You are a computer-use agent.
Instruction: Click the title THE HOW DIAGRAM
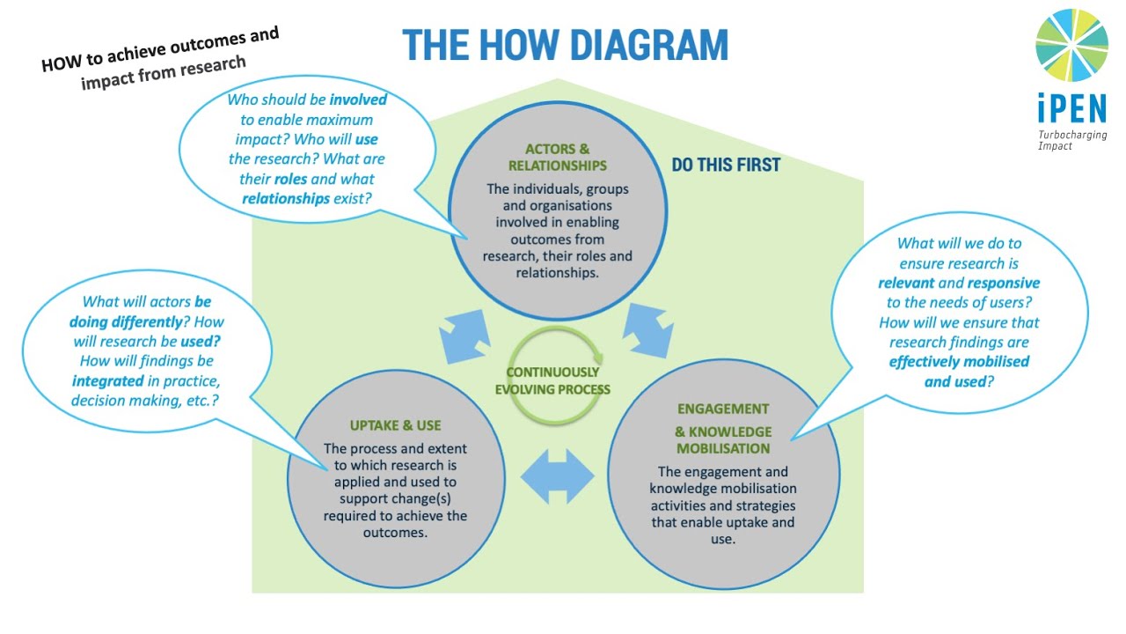[566, 45]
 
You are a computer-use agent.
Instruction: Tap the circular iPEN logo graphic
[1071, 45]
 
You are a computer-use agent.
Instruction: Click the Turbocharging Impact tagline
[1071, 140]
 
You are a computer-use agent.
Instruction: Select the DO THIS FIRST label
[726, 165]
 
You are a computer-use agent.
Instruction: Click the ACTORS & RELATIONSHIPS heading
[557, 157]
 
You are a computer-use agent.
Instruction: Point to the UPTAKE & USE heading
[395, 425]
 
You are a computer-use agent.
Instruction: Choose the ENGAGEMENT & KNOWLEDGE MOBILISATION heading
[722, 429]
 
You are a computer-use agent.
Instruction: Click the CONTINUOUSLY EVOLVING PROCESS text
[552, 380]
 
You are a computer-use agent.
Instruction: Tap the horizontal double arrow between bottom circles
[557, 476]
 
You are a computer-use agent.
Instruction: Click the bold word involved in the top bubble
[358, 100]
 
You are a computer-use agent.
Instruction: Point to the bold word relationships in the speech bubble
[287, 198]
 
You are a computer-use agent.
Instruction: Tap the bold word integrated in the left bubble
[108, 380]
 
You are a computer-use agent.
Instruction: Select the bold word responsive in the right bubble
[1003, 283]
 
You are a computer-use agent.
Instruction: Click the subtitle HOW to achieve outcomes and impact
[161, 58]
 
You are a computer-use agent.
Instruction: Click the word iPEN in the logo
[1071, 109]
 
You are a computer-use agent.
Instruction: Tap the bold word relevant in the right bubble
[906, 283]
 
